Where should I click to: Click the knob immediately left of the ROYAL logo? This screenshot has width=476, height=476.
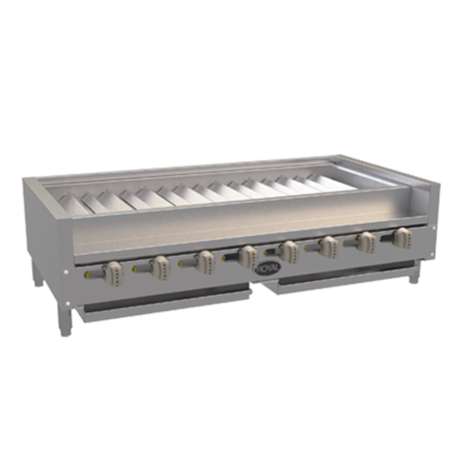click(248, 254)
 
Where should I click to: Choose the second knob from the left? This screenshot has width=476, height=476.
click(158, 266)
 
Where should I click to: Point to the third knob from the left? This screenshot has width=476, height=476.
click(203, 260)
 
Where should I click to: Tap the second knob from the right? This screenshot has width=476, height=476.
click(366, 241)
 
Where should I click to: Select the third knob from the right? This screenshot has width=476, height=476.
click(328, 247)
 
